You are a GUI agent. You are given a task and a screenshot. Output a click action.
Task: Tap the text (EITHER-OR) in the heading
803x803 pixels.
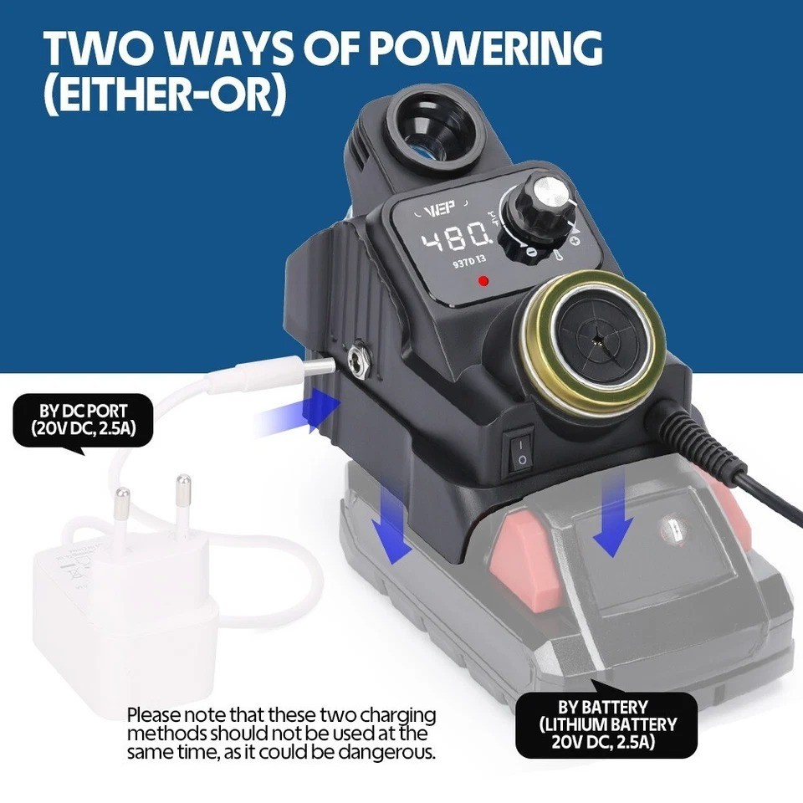(165, 95)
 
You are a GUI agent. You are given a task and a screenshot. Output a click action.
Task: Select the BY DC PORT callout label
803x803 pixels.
(83, 421)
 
